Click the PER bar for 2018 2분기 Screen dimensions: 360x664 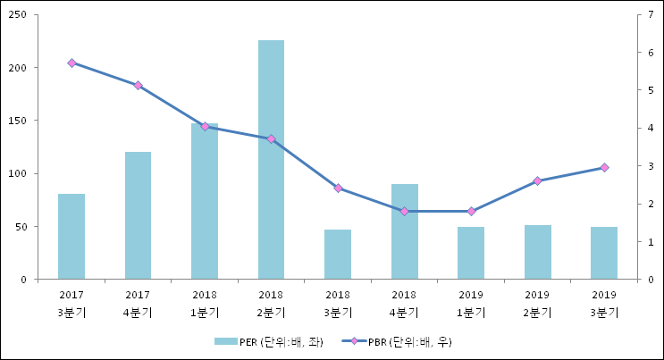(271, 160)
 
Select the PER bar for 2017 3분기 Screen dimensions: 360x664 (71, 237)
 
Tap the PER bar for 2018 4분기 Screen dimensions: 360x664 (404, 232)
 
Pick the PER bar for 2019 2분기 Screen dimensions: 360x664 (537, 252)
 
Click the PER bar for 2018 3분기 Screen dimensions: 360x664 (338, 255)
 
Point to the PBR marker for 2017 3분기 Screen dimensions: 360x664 (71, 63)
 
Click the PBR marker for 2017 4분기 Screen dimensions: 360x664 (138, 86)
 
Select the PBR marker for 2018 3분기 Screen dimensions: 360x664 (338, 188)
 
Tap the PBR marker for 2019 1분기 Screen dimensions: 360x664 (471, 211)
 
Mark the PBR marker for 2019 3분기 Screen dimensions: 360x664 (604, 168)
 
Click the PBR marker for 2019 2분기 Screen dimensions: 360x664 (537, 181)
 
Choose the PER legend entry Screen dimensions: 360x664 (268, 342)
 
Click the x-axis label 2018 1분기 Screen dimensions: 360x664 (205, 304)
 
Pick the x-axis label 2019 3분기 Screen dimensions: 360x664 (604, 304)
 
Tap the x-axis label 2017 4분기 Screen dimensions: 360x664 (138, 304)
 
